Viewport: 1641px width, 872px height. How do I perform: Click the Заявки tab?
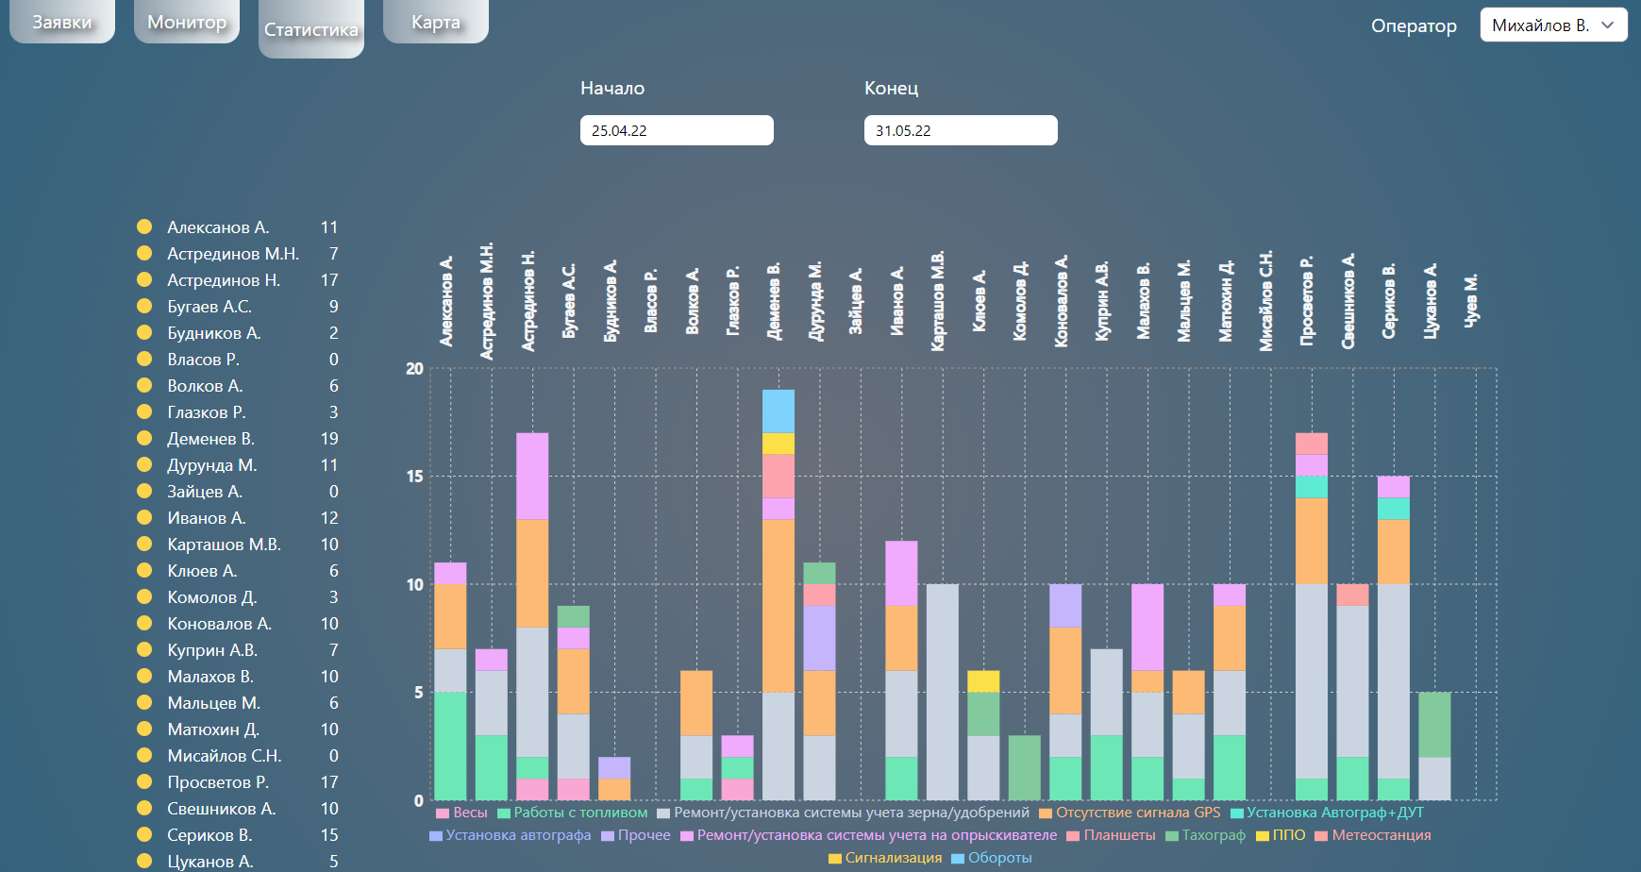[62, 22]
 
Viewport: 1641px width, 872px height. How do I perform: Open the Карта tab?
[436, 22]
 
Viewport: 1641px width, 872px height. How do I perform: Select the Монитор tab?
[187, 22]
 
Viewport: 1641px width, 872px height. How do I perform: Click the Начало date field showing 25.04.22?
[677, 130]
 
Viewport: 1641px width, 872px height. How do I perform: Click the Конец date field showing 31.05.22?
[961, 130]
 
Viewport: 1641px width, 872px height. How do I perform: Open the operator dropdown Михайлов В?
[1553, 25]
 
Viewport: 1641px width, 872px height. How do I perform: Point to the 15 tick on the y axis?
[415, 477]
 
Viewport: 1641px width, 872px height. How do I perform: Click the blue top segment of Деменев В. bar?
[779, 411]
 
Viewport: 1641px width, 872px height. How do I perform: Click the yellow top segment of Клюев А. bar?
[983, 681]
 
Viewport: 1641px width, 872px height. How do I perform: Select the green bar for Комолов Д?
[1025, 767]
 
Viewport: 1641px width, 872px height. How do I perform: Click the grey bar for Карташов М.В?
[943, 692]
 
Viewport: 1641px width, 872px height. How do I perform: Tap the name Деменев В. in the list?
[210, 439]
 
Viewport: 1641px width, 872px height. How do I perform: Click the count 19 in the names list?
[329, 439]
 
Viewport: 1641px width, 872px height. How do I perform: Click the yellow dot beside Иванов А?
[144, 517]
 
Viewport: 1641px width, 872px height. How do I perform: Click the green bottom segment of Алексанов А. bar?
[450, 746]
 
